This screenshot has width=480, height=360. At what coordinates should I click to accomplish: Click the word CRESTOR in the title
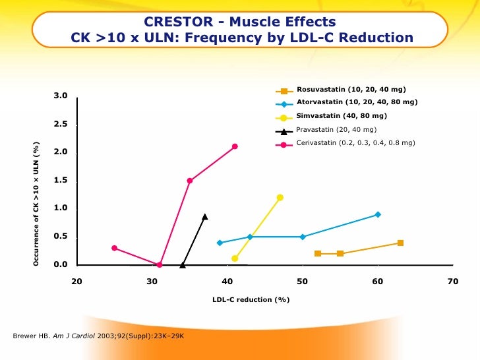pos(173,22)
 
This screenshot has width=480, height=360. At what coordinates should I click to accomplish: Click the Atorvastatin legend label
pos(357,102)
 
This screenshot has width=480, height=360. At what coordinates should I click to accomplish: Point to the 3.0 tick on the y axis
pos(61,96)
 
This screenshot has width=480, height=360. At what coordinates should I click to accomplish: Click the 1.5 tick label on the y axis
pos(61,181)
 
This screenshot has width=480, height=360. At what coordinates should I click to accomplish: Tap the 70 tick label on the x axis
pos(452,282)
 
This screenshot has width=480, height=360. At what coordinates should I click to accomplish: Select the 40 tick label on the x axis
pos(227,282)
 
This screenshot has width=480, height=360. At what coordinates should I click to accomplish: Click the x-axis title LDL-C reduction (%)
pos(251,300)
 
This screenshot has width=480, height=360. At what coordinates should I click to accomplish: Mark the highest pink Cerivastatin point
pos(235,146)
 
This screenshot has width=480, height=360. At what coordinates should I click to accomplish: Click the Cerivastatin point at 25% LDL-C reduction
pos(115,248)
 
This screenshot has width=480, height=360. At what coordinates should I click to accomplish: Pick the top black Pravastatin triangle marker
pos(205,216)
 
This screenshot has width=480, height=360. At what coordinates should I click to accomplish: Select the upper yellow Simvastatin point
pos(280,197)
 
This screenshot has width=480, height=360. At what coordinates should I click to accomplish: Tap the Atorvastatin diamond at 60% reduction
pos(378,214)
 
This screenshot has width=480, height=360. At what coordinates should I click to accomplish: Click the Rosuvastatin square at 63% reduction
pos(400,243)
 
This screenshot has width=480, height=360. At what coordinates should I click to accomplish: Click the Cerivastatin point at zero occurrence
pos(160,265)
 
